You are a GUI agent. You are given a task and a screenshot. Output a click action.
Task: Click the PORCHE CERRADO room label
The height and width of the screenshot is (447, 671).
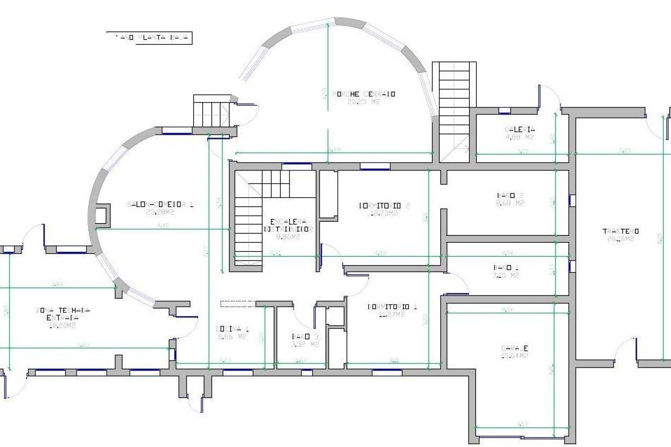pos(363,94)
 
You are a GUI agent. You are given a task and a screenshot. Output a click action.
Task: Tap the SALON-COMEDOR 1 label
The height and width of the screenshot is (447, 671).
pos(160,204)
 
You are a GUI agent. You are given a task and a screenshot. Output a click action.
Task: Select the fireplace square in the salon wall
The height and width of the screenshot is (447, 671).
pos(102,215)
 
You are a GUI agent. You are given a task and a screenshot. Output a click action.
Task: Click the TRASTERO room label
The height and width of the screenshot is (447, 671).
pos(621,231)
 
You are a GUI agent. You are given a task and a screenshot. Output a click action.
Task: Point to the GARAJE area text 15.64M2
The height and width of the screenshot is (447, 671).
pos(514,356)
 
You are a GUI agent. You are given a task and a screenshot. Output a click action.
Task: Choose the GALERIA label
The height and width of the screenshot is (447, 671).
pos(520,130)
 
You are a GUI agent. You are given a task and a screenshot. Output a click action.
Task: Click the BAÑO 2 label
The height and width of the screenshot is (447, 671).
pos(510,195)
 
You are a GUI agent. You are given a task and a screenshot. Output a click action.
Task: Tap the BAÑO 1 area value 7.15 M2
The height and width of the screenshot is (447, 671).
pos(506,275)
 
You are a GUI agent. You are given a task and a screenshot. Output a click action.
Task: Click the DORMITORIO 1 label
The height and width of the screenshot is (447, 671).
pos(392,307)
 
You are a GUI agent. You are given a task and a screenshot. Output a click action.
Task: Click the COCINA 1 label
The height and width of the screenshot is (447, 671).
pos(232,329)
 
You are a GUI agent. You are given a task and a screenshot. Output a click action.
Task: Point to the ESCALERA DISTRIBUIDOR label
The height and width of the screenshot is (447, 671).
pos(288,226)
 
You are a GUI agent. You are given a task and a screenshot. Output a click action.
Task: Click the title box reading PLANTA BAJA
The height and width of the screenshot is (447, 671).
pos(149,38)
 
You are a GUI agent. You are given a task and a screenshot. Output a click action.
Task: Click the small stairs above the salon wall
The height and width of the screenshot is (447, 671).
pos(212,111)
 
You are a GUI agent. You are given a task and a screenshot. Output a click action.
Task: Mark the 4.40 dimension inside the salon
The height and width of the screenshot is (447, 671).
pos(163,226)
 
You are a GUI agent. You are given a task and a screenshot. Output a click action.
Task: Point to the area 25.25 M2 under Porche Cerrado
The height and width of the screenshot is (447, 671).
pos(363,102)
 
